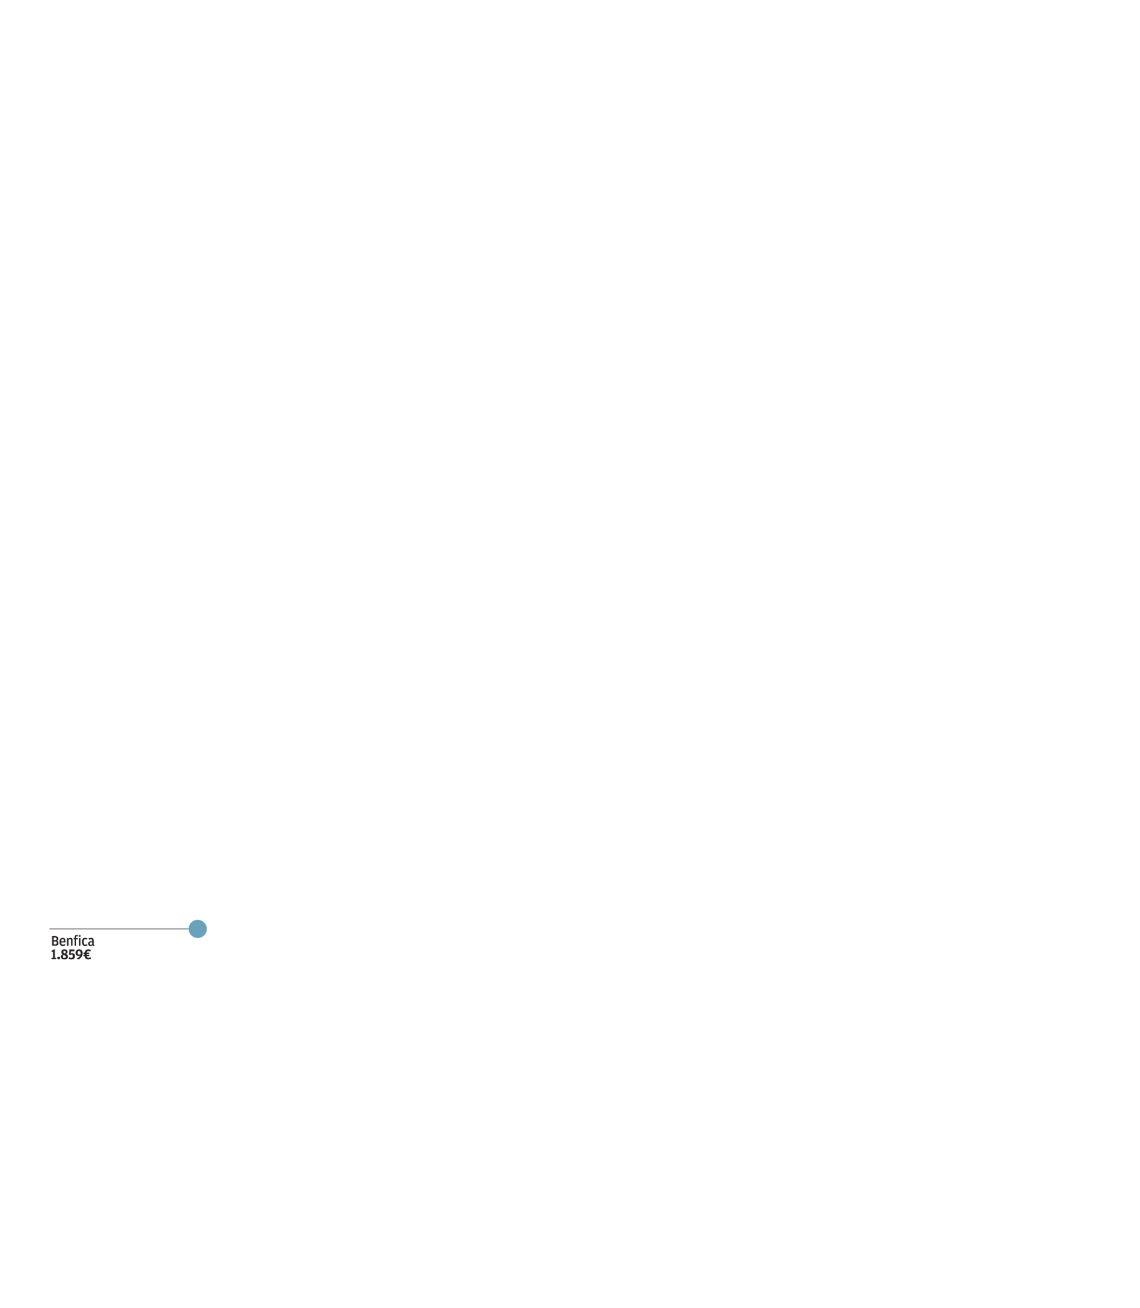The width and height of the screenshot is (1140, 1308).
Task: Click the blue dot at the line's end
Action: pyautogui.click(x=198, y=929)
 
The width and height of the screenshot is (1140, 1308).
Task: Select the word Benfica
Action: pyautogui.click(x=72, y=942)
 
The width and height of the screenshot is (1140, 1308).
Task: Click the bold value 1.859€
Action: pyautogui.click(x=71, y=955)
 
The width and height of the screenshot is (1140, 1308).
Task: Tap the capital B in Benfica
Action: pyautogui.click(x=55, y=942)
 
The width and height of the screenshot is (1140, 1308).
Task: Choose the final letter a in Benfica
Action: pyautogui.click(x=91, y=943)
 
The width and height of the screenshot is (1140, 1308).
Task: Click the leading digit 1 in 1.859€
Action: pyautogui.click(x=54, y=955)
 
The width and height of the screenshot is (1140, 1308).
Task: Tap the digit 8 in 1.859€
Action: pyautogui.click(x=64, y=955)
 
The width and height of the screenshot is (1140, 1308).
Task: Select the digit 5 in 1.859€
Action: pyautogui.click(x=72, y=955)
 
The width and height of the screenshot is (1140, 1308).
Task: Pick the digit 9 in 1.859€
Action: pyautogui.click(x=79, y=955)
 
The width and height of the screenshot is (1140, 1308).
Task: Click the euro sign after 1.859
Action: pyautogui.click(x=87, y=955)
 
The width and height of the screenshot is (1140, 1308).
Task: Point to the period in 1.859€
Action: pyautogui.click(x=58, y=959)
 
